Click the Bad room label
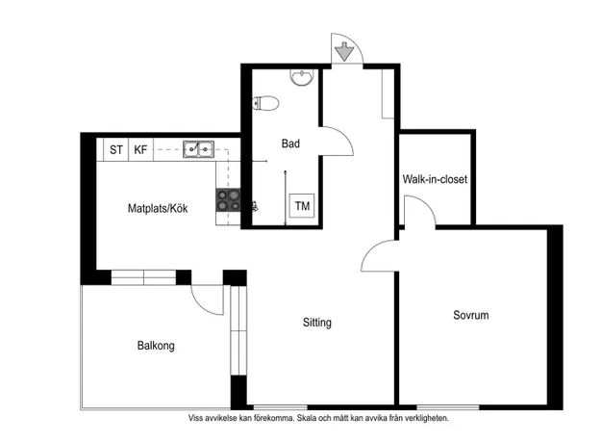(x=290, y=143)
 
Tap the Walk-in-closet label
(x=435, y=179)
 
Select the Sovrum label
(x=470, y=315)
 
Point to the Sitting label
(x=317, y=323)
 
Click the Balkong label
(x=156, y=346)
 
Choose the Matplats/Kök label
(x=158, y=208)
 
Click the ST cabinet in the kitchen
(x=115, y=149)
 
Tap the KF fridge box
(x=140, y=149)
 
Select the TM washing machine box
(x=302, y=206)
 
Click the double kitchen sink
(x=198, y=149)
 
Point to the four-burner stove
(x=228, y=200)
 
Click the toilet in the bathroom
(x=265, y=103)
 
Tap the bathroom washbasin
(x=302, y=77)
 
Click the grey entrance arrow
(x=344, y=51)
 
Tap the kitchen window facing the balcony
(x=143, y=277)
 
